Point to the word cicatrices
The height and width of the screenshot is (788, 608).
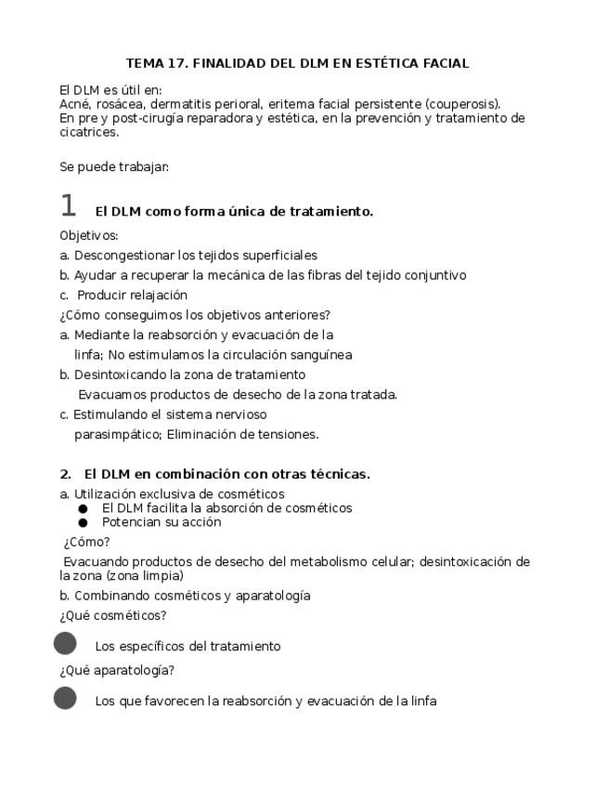pos(89,132)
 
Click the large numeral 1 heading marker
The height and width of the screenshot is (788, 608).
pos(68,206)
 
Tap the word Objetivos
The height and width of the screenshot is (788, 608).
pos(88,235)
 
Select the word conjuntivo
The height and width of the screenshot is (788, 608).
pos(433,275)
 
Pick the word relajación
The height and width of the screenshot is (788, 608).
pos(159,295)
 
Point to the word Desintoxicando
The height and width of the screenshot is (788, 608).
pos(119,374)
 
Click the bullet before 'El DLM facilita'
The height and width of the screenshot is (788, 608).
pos(83,508)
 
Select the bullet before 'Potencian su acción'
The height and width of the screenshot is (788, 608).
pos(83,522)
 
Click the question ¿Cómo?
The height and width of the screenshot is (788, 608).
pos(87,542)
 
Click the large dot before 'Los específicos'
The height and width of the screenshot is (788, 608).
pos(65,643)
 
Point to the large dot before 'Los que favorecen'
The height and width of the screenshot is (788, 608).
pos(65,698)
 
